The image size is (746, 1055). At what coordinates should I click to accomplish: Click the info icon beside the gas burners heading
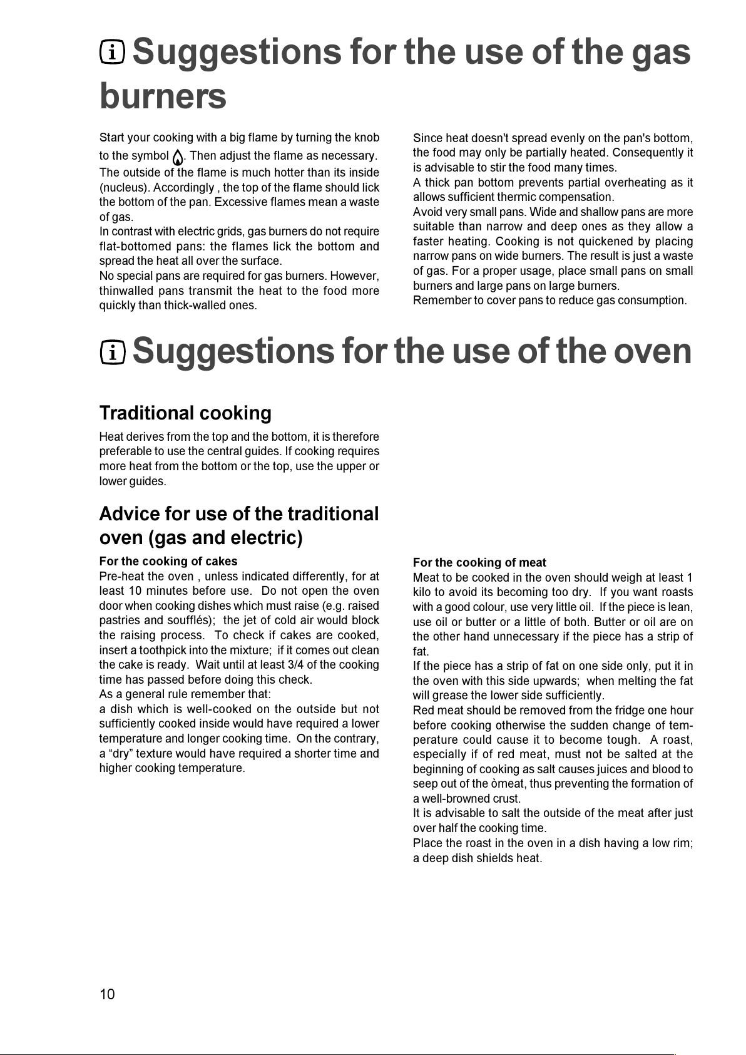click(x=113, y=52)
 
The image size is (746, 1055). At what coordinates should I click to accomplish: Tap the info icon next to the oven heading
click(x=113, y=353)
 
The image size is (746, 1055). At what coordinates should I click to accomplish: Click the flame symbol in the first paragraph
click(x=178, y=157)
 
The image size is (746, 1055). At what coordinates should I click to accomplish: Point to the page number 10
click(x=107, y=994)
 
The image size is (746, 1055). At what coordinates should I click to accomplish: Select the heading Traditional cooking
click(x=185, y=413)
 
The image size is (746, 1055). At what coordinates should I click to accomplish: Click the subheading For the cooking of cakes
click(x=168, y=561)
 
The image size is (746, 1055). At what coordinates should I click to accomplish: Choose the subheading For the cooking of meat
click(x=479, y=562)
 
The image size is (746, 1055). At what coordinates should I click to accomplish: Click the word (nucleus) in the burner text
click(x=124, y=187)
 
